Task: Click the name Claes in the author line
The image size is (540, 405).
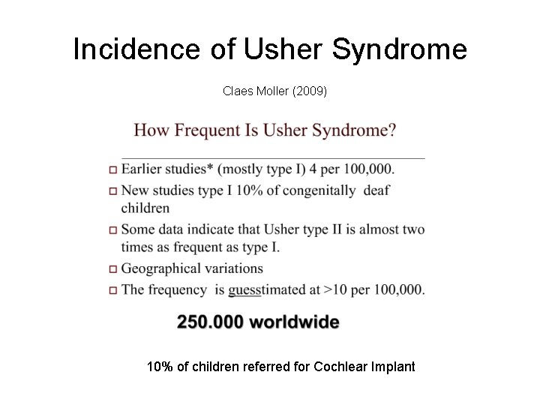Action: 237,91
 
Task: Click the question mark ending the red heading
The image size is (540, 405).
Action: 392,130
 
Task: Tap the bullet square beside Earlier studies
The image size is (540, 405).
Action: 112,170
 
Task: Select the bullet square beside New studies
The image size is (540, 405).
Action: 112,192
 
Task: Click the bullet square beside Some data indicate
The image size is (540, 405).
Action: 112,230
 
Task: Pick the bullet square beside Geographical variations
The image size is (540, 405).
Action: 112,269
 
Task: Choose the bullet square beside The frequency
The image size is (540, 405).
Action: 112,290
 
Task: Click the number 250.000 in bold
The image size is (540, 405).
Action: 209,323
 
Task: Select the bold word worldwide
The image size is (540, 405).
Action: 294,323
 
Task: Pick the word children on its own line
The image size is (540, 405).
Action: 145,208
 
